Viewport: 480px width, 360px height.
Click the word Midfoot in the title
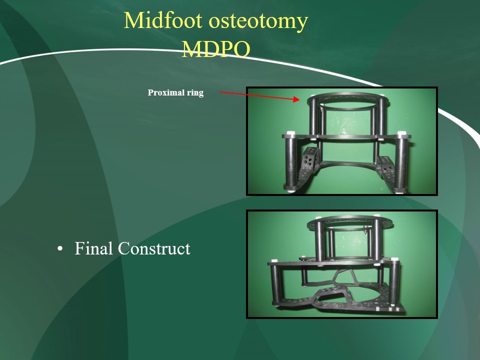coord(163,20)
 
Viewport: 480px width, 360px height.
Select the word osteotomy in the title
coord(258,21)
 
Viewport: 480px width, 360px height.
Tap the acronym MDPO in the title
coord(216,49)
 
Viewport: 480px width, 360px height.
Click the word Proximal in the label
coord(166,92)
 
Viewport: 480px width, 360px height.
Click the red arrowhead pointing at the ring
coord(296,99)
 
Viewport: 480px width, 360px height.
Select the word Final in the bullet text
coord(93,248)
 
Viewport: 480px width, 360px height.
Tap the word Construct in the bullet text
coord(154,248)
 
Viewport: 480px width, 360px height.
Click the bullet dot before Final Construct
coord(60,248)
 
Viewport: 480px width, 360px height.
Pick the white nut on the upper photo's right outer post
coord(401,133)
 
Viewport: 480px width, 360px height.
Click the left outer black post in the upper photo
coord(290,161)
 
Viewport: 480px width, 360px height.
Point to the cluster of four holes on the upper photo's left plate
coord(308,159)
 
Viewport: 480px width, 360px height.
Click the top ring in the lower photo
coord(348,219)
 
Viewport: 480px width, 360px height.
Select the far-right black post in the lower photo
coord(394,283)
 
